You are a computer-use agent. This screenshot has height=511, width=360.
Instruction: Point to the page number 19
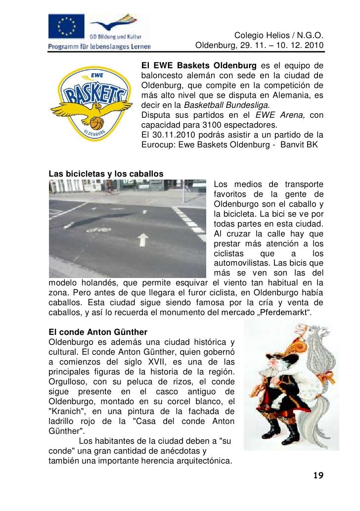click(318, 476)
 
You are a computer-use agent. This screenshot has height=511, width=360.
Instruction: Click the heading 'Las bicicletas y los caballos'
click(106, 174)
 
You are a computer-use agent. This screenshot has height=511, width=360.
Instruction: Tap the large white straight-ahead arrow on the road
click(143, 240)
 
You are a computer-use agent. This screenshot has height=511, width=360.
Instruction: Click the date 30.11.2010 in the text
click(171, 135)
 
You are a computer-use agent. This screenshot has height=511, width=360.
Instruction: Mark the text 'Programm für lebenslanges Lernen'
click(99, 46)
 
